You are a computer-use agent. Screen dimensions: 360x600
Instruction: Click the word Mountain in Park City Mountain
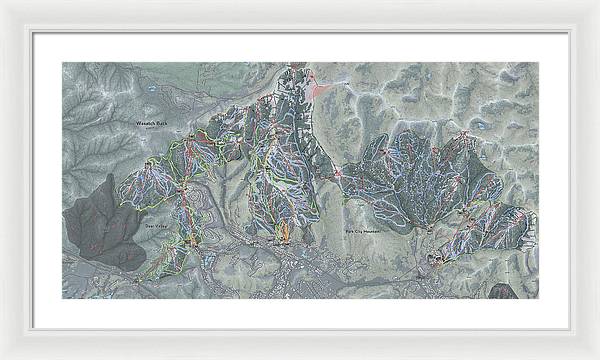[x=374, y=231]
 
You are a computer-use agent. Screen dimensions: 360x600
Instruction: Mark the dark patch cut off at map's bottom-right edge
[x=502, y=291]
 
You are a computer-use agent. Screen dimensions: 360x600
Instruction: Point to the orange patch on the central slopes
[x=282, y=232]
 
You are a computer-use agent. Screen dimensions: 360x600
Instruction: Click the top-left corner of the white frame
[x=2, y=2]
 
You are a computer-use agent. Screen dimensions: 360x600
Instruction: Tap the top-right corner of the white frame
[x=598, y=2]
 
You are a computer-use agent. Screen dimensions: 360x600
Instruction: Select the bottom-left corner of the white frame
[x=2, y=358]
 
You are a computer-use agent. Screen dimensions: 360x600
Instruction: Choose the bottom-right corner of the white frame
[x=598, y=358]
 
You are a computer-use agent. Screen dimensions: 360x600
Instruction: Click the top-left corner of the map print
[x=62, y=62]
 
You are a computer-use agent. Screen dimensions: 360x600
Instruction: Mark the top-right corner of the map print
[x=538, y=62]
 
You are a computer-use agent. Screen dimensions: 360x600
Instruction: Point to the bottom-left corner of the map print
[x=62, y=298]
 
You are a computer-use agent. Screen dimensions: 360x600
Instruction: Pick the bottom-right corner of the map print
[x=538, y=298]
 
